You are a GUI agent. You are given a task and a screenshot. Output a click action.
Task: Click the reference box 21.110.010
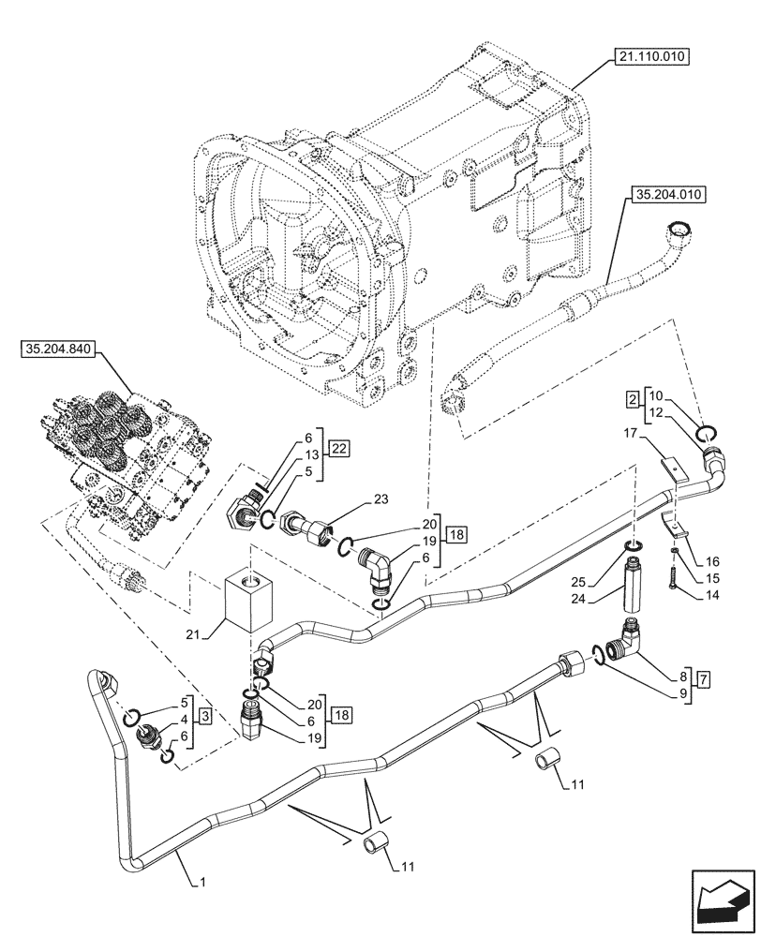pyautogui.click(x=652, y=57)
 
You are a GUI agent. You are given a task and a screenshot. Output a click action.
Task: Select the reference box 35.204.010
pyautogui.click(x=669, y=195)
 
